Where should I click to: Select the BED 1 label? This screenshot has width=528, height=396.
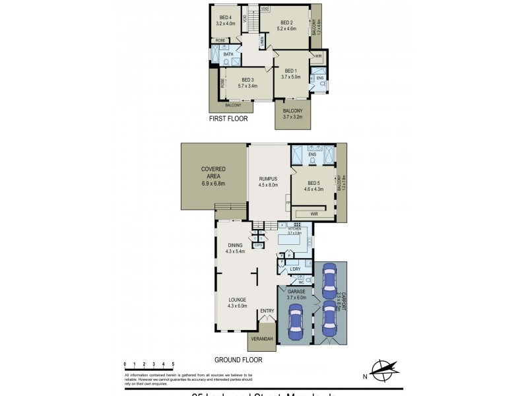click(x=291, y=71)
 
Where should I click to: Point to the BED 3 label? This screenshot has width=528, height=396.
click(x=247, y=79)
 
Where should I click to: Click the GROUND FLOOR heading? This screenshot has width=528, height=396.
click(x=238, y=360)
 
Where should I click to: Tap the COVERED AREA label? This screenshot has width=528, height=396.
click(x=213, y=170)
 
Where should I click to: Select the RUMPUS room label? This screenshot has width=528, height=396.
click(x=267, y=179)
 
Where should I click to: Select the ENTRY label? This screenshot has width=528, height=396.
click(x=267, y=311)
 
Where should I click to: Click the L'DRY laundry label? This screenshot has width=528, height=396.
click(x=295, y=269)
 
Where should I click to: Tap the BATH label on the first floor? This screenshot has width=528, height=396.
click(x=228, y=55)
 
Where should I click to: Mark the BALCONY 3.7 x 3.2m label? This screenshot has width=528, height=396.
click(x=292, y=114)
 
